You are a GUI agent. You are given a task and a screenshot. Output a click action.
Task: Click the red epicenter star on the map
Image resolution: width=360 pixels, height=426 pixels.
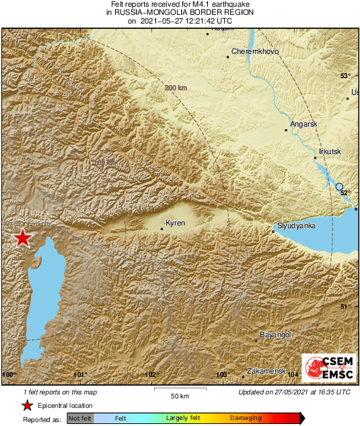(24, 238)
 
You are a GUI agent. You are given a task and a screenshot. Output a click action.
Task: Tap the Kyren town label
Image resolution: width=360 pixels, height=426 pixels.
(175, 223)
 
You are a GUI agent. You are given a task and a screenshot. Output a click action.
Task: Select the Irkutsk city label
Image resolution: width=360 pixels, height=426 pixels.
(330, 151)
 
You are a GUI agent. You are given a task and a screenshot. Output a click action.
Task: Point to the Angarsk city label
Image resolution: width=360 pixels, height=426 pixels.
(303, 124)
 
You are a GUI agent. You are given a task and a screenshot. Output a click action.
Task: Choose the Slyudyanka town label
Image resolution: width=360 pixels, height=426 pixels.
(297, 225)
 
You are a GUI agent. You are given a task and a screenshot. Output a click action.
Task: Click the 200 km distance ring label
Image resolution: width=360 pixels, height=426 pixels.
(176, 88)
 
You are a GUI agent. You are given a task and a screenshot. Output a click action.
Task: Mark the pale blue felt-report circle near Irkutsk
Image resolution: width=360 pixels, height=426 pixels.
(340, 187)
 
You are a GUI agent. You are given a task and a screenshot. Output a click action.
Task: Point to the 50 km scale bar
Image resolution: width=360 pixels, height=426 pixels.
(178, 391)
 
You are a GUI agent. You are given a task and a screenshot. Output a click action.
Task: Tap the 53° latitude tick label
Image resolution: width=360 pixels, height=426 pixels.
(346, 75)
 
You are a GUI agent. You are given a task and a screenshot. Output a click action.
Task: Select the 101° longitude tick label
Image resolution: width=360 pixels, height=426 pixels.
(81, 374)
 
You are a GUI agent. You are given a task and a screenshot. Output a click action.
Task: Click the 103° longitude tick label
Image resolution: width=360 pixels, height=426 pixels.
(223, 374)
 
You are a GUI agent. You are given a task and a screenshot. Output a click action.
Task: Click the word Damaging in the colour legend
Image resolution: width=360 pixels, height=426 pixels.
(246, 418)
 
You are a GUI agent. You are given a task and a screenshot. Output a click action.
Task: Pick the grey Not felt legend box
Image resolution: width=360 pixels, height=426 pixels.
(80, 418)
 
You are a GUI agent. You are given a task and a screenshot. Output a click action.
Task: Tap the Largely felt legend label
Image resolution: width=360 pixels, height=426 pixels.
(182, 418)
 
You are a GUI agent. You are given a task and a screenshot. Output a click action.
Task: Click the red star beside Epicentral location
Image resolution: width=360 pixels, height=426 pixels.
(27, 405)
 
